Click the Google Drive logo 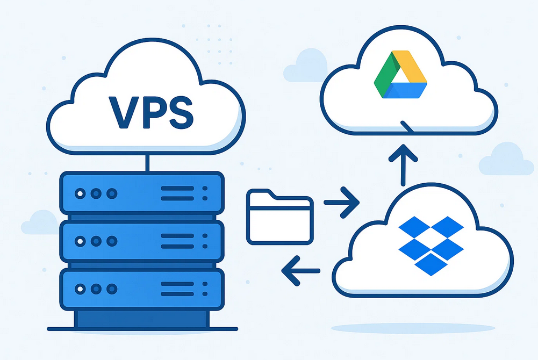[x=400, y=74]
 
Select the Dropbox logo [x=431, y=246]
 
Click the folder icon [x=280, y=217]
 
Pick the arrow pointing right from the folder [x=342, y=203]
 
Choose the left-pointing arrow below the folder [x=300, y=271]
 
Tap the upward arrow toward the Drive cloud [x=403, y=165]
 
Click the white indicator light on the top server [x=80, y=194]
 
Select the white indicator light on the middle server [x=80, y=241]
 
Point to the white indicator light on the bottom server [x=80, y=289]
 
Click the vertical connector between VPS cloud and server [x=148, y=163]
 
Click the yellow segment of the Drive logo [x=410, y=67]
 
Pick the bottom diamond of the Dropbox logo [x=431, y=264]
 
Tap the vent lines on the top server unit [x=177, y=193]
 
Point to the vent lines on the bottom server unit [x=177, y=289]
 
